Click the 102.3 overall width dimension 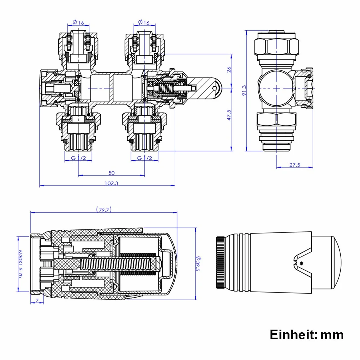coord(111,183)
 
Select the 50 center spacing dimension coord(111,173)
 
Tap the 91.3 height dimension coord(244,90)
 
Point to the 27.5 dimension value coord(295,165)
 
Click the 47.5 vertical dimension coord(229,115)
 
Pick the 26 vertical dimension coord(229,69)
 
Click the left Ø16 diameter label coord(78,22)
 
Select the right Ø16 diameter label coord(144,22)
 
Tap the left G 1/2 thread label coord(78,158)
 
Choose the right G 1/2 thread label coord(144,158)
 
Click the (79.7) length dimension coord(104,210)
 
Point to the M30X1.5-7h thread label coord(20,264)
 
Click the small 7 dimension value coord(37,300)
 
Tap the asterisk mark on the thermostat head coord(301,263)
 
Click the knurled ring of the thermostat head coord(220,262)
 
